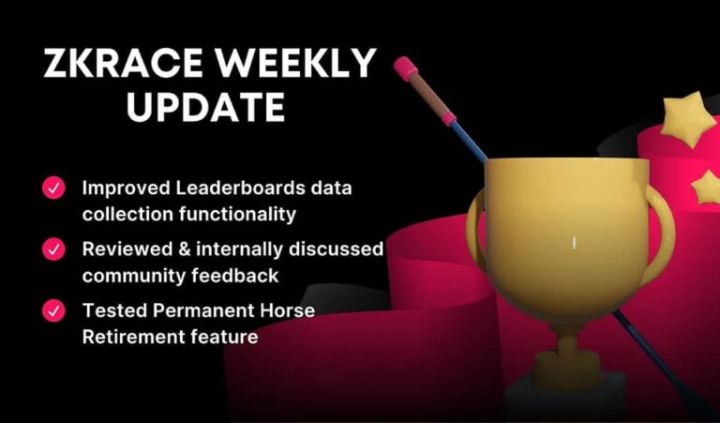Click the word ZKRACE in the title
tap(123, 63)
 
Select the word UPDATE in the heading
tap(205, 107)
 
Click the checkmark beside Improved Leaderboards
tap(53, 188)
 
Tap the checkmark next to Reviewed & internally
tap(53, 249)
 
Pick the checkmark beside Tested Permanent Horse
tap(53, 310)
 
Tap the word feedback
tap(235, 276)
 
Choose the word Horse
tap(288, 310)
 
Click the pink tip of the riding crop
tap(405, 67)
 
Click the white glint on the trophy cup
tap(574, 244)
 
